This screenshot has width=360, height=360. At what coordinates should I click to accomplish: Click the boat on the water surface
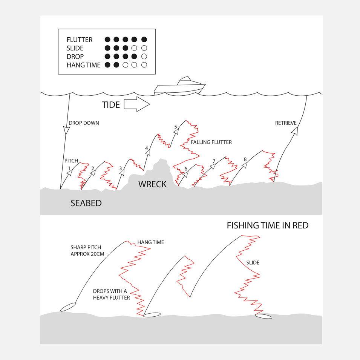(179, 87)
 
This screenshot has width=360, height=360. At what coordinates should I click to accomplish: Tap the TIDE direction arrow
(137, 104)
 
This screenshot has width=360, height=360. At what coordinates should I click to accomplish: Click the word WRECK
(152, 184)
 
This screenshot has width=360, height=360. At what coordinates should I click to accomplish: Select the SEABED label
(86, 203)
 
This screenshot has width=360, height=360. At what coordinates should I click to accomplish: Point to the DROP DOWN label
(84, 123)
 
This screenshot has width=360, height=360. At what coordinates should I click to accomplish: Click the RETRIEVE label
(286, 123)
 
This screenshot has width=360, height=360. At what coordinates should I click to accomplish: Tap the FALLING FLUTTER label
(211, 142)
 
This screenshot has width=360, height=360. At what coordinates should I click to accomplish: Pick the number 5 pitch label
(176, 127)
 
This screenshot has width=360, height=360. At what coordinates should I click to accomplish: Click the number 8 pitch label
(245, 159)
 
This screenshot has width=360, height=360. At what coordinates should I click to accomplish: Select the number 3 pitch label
(120, 169)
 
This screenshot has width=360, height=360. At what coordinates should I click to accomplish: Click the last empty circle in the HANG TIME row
(144, 65)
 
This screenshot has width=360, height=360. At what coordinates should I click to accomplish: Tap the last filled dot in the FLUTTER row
(144, 40)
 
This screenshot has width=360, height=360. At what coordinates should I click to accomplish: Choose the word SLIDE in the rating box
(75, 48)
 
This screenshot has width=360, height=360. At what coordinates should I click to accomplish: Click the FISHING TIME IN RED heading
(268, 225)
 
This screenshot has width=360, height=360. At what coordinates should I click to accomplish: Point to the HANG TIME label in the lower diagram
(151, 242)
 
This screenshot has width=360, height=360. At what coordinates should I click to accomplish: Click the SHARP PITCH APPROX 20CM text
(87, 250)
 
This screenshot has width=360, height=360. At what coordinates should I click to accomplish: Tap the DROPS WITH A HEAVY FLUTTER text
(111, 294)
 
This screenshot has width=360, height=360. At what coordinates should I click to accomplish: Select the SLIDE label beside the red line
(253, 263)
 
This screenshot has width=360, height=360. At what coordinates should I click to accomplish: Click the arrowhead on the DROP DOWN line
(66, 130)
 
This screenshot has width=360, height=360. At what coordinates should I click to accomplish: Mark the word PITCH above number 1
(71, 161)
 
